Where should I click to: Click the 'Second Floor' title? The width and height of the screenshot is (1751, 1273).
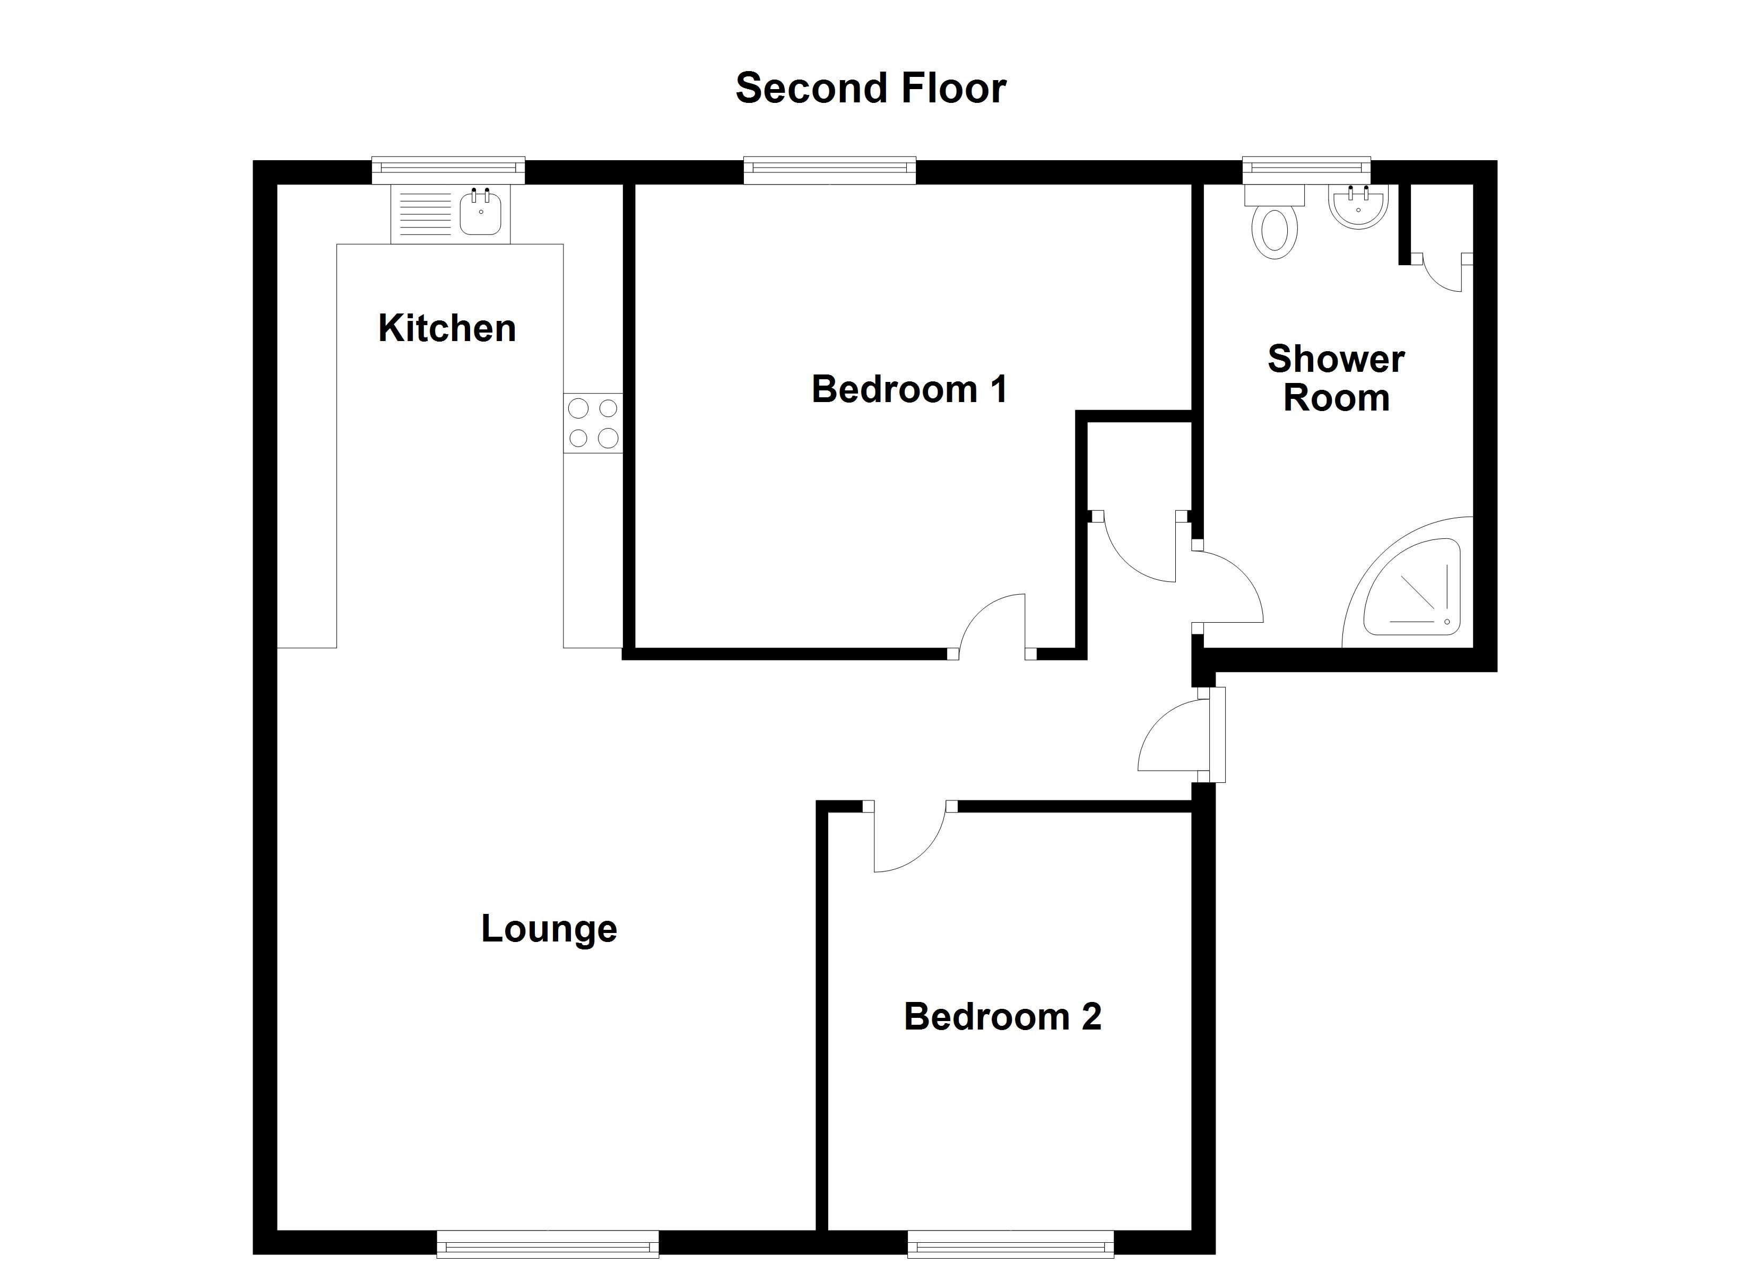[x=870, y=88]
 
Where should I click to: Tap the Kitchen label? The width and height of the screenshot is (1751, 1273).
[x=447, y=328]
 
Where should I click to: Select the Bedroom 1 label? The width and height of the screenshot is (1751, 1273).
[x=909, y=389]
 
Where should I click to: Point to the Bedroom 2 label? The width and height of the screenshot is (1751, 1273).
[x=1002, y=1017]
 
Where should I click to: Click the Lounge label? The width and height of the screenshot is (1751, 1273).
[x=549, y=929]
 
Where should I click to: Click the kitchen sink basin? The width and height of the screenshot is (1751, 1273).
[x=480, y=214]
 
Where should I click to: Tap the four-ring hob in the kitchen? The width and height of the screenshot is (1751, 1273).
[x=593, y=423]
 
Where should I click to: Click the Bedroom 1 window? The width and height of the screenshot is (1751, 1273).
[x=829, y=171]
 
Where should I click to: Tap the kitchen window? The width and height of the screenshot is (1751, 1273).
[x=448, y=171]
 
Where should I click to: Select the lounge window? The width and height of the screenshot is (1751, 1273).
[x=548, y=1244]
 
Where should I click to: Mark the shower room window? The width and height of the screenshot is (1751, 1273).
[x=1306, y=171]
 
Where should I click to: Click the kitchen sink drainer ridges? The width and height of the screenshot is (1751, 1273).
[x=424, y=215]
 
